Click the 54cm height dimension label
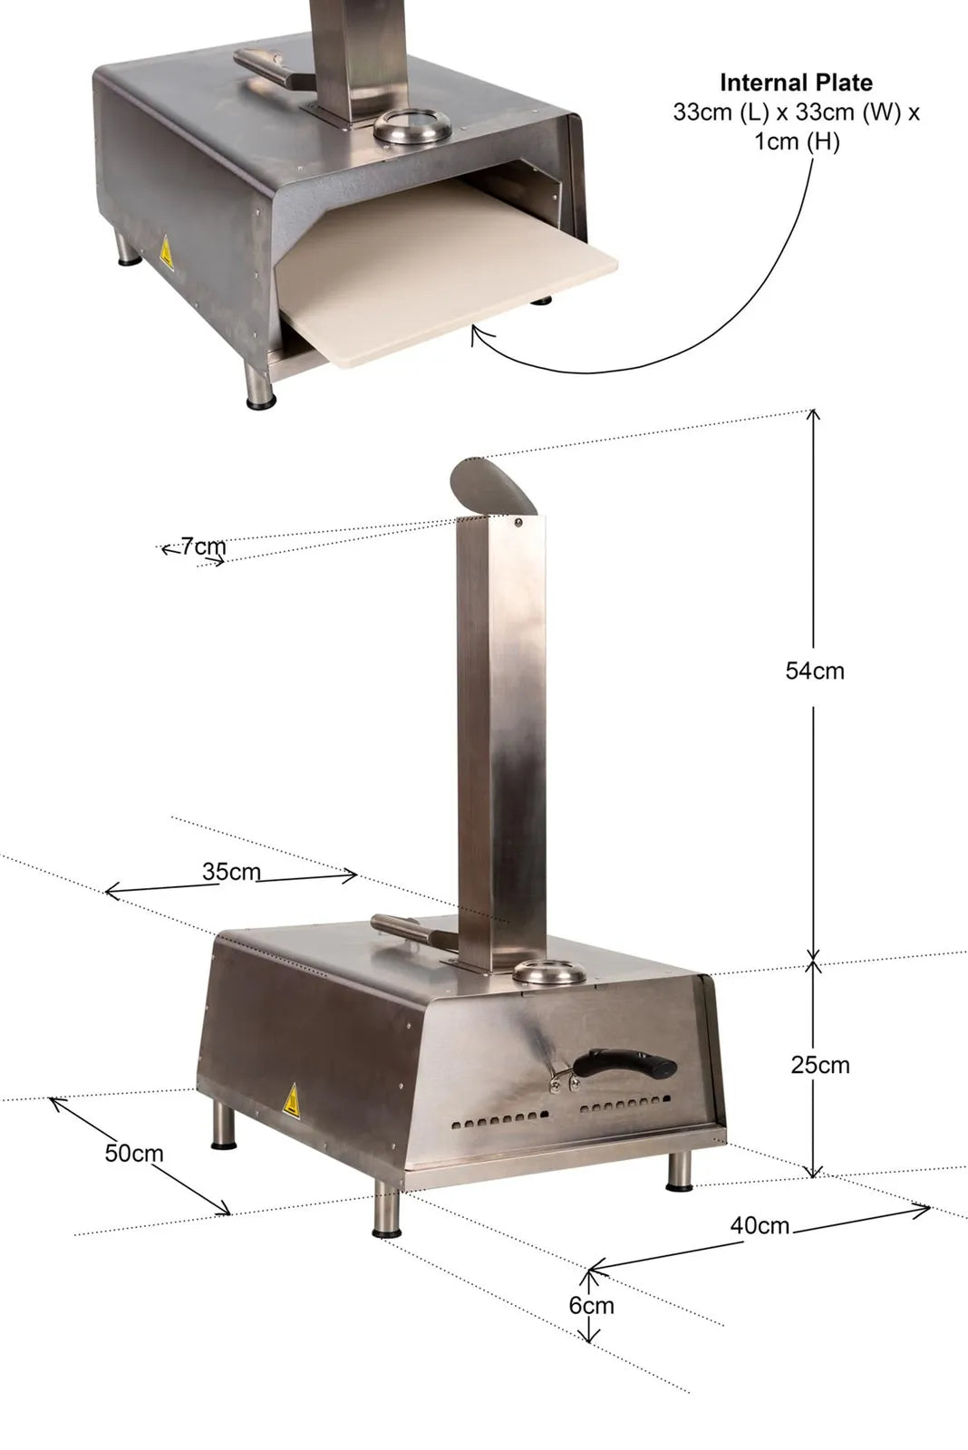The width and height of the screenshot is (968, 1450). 814,671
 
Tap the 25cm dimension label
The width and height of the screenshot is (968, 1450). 819,1064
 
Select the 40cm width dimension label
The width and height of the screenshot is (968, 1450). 760,1225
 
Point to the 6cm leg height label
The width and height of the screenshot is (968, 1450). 591,1305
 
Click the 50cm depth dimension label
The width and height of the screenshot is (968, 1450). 134,1153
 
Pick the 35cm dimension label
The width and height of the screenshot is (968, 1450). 231,872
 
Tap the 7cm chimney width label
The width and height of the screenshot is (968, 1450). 203,546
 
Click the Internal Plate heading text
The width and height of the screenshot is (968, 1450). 796,82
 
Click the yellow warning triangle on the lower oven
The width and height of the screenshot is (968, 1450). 293,1101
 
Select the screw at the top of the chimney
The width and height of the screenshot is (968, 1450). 518,521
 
